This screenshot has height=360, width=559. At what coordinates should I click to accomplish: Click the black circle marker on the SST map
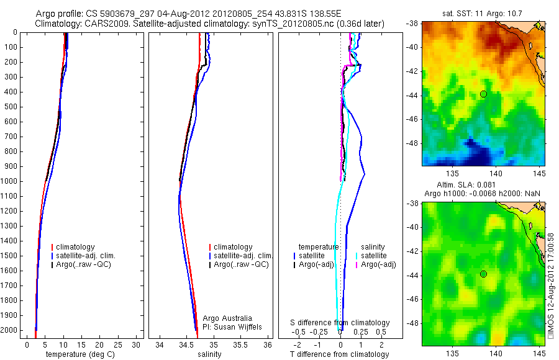point(483,94)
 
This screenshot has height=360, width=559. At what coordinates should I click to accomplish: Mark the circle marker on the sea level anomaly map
point(483,274)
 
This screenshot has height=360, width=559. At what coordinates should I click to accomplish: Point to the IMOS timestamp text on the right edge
point(551,286)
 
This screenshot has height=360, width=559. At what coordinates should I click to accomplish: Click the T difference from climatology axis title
point(339,354)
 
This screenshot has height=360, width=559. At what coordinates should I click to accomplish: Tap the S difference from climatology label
point(340,323)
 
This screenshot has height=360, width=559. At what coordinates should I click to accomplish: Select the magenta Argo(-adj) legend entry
point(378,264)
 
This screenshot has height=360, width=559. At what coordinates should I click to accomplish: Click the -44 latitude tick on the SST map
point(415,95)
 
